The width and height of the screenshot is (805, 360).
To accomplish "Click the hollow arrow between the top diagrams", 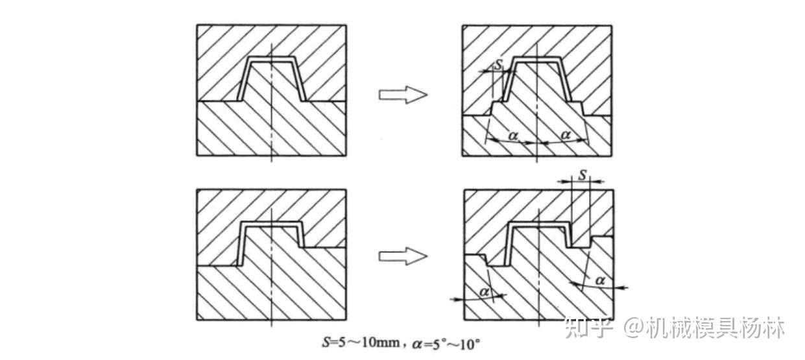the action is tap(402, 95).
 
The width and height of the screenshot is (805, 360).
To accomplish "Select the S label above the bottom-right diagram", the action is tap(582, 176).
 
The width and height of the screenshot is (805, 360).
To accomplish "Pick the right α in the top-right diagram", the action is tap(565, 134).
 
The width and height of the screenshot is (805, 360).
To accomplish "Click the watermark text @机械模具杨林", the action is tap(704, 328).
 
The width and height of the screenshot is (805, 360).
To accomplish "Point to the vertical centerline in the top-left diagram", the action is tap(271, 130).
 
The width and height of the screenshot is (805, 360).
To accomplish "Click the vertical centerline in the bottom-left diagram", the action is tap(271, 292).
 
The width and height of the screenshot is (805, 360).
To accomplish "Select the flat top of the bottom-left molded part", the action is tap(271, 224).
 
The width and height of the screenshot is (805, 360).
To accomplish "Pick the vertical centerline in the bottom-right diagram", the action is tap(538, 285).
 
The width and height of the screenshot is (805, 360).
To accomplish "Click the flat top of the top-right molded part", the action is tap(538, 60).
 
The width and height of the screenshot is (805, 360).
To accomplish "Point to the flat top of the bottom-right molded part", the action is tap(538, 224).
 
